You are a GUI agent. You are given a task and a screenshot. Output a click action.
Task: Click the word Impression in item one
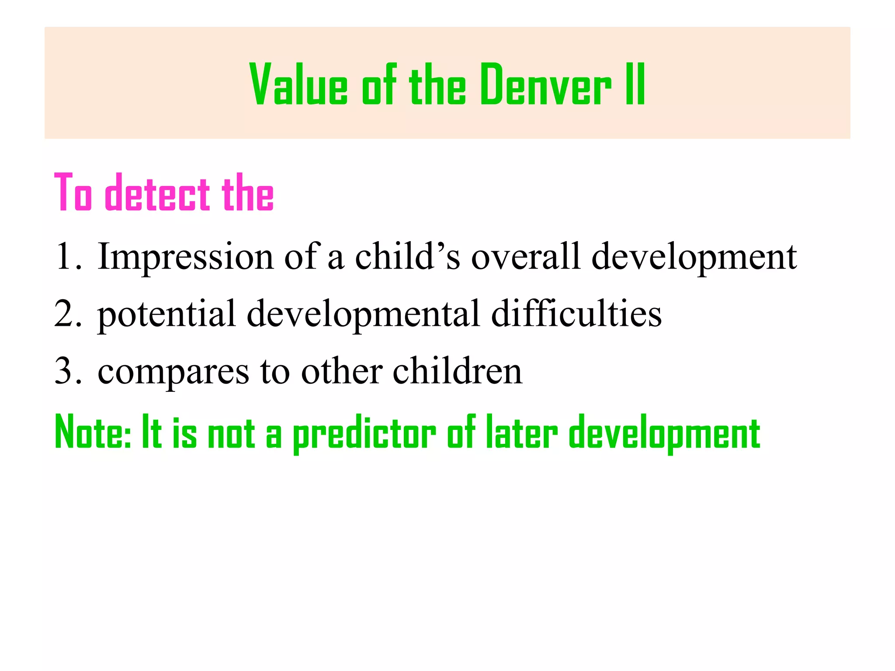click(x=185, y=257)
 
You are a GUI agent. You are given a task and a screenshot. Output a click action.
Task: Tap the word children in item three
click(x=457, y=371)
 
